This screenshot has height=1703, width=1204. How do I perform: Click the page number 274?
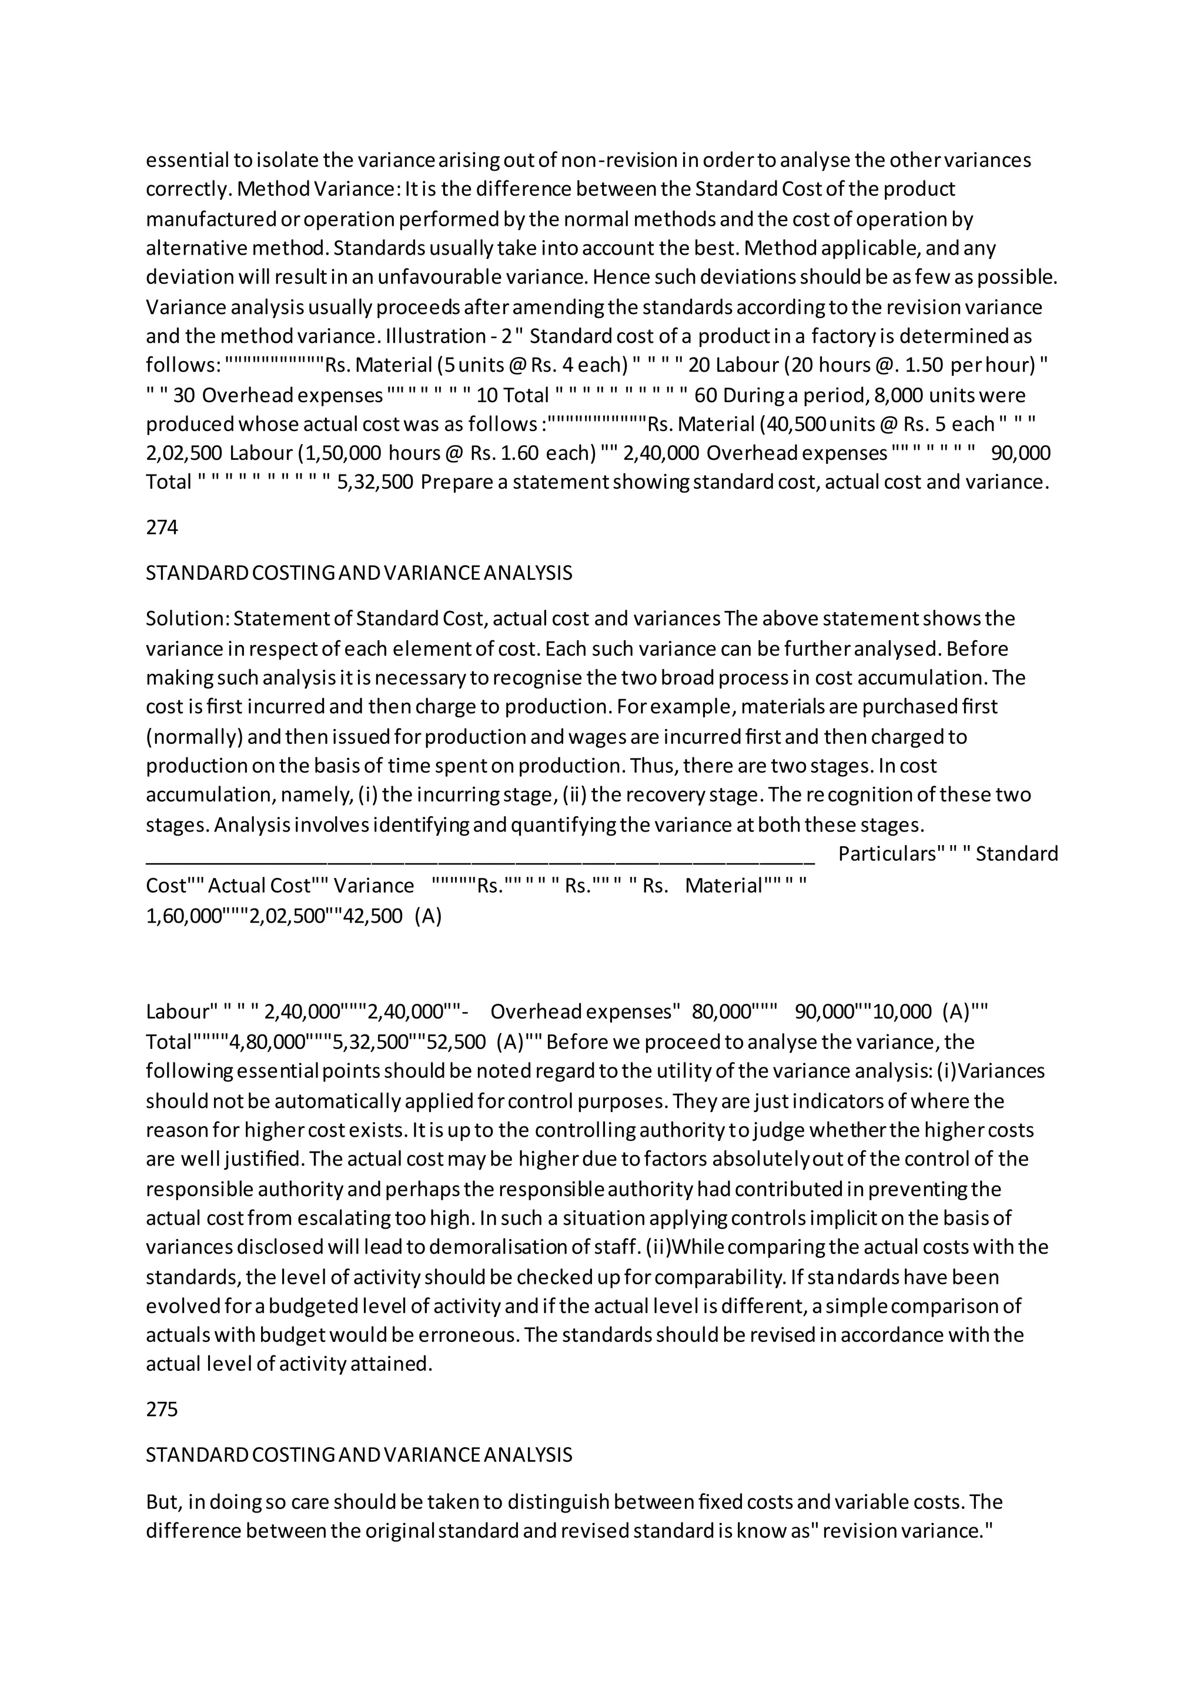[162, 527]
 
